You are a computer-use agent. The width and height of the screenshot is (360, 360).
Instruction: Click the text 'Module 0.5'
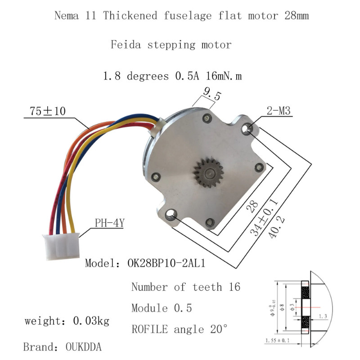(162, 308)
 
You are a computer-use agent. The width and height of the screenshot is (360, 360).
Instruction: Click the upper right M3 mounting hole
(247, 129)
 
